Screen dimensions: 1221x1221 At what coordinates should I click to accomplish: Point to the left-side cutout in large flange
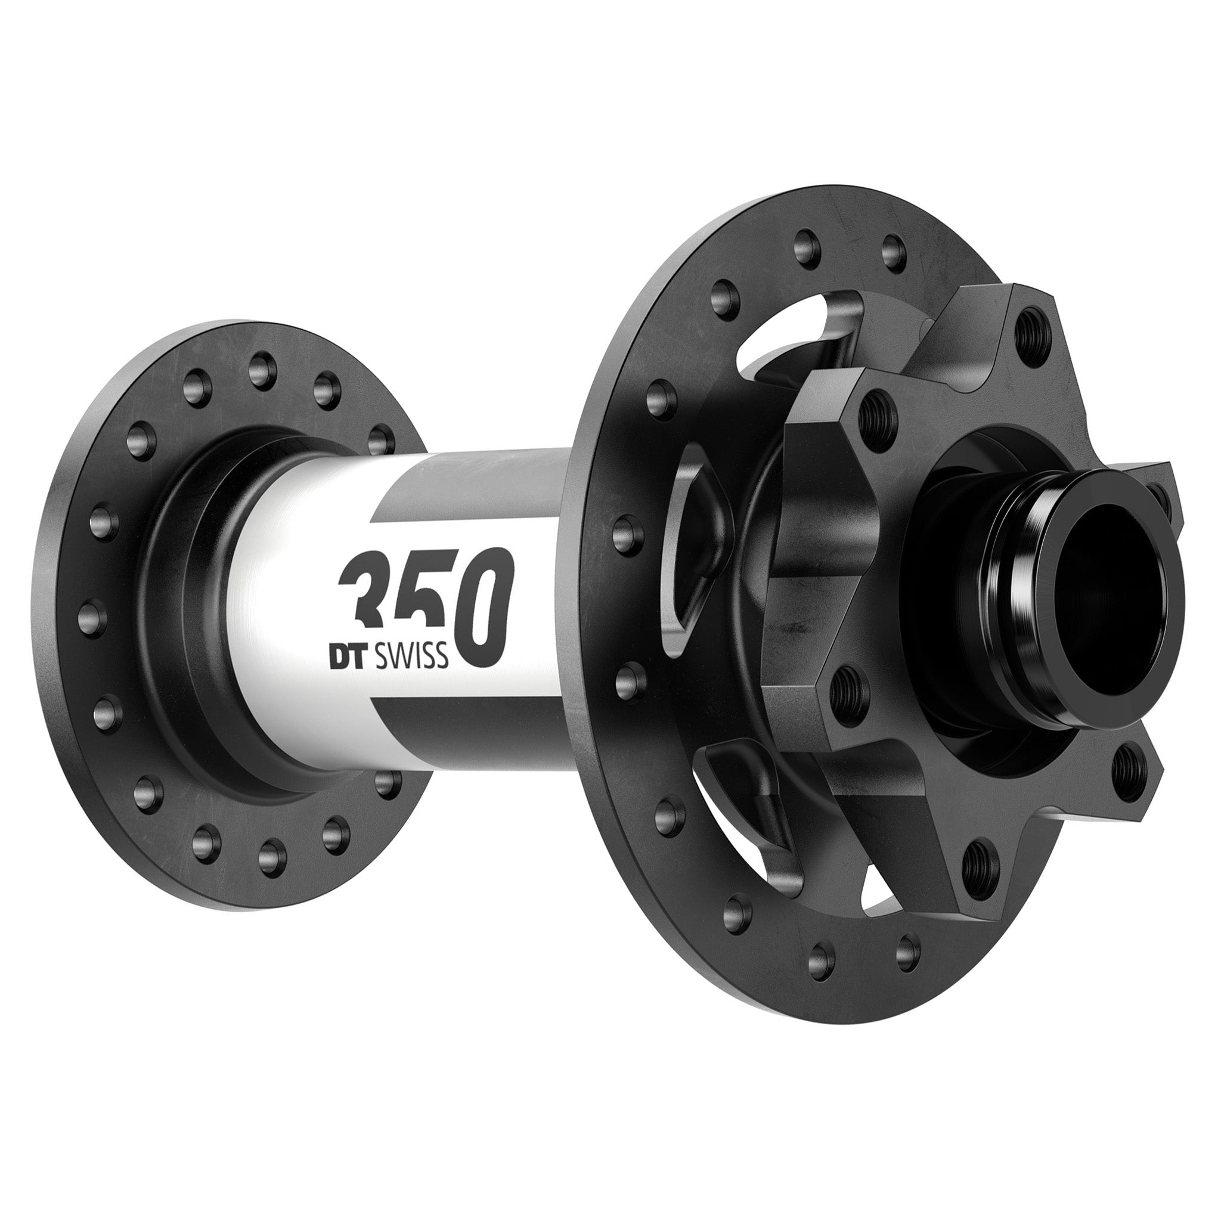click(x=689, y=550)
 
